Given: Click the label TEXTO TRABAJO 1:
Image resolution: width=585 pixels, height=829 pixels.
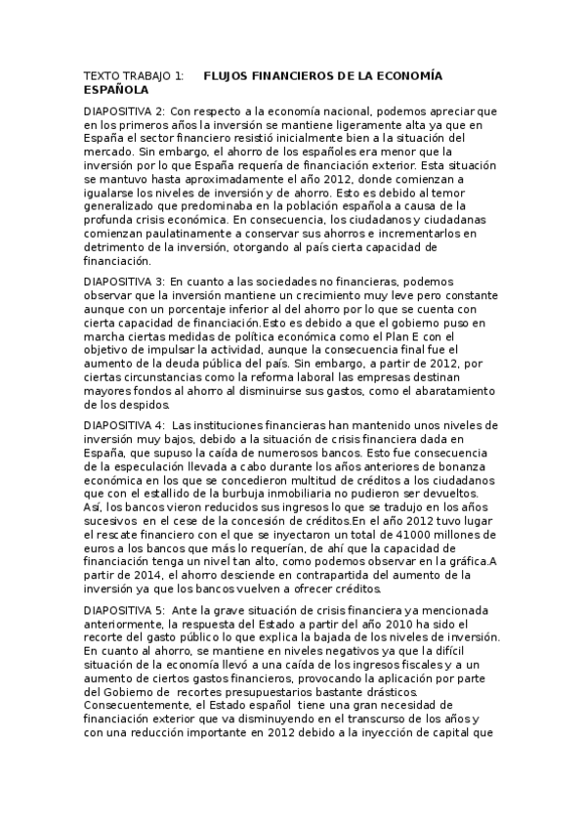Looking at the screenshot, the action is [x=134, y=75].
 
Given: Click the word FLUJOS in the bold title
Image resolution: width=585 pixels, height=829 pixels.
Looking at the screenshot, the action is [x=228, y=75].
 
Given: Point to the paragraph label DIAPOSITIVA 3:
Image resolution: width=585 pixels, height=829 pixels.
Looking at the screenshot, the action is [x=125, y=280].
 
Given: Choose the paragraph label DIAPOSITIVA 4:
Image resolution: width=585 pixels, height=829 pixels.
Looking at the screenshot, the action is [x=125, y=426].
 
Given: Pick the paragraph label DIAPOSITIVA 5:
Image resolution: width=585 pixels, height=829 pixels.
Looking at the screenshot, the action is [x=125, y=611].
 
